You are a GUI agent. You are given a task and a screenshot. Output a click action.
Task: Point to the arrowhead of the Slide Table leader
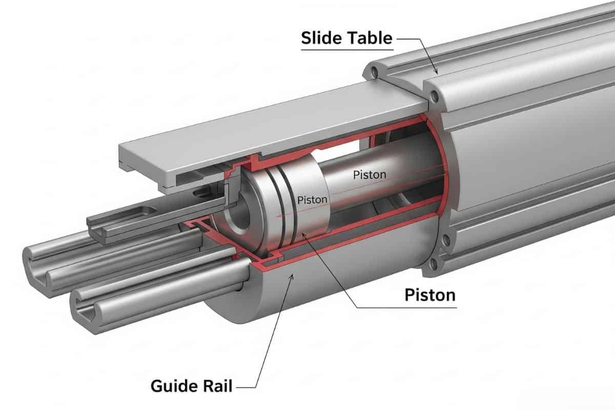click(436, 73)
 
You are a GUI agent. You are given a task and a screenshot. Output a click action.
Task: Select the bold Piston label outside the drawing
click(429, 295)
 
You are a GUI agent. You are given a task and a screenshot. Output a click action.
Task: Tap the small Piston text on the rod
click(370, 175)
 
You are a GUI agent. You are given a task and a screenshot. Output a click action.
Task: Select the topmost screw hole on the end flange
click(375, 73)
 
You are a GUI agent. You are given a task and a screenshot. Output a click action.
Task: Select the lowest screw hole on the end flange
click(435, 264)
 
